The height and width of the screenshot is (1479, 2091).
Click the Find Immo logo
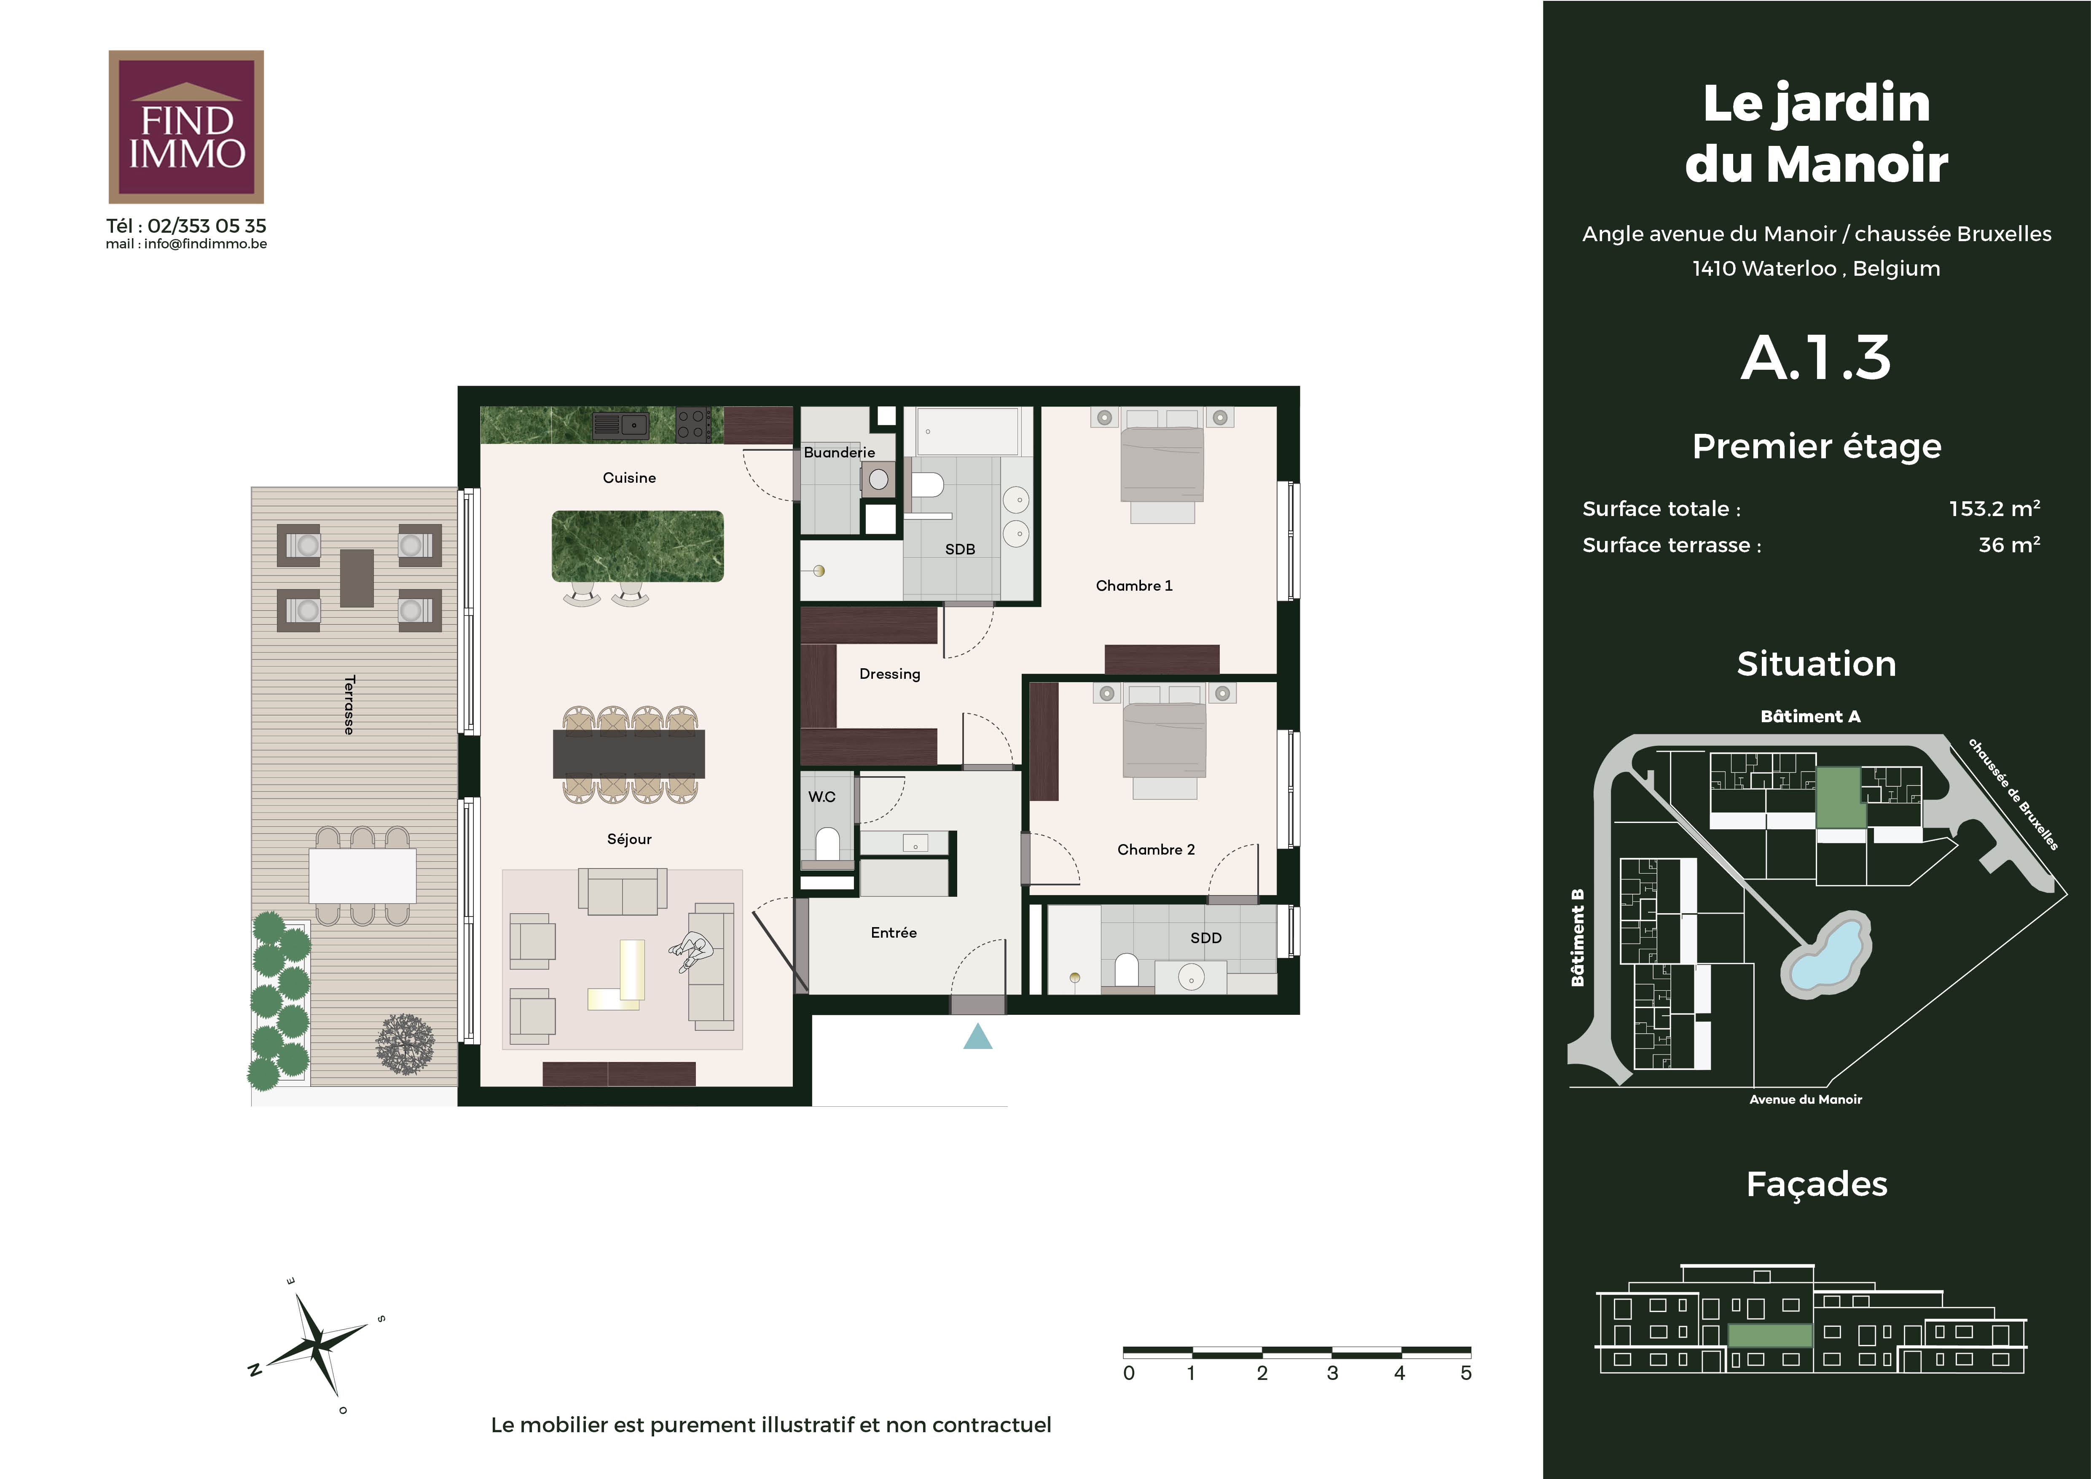point(186,126)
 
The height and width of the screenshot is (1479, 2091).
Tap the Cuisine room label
point(629,477)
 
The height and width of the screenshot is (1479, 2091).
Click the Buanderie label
point(839,452)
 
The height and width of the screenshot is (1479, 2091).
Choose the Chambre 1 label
point(1134,586)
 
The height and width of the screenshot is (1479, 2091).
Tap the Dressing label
point(890,674)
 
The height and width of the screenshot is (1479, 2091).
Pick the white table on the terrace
point(362,875)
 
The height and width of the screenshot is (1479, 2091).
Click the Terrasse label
point(349,705)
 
